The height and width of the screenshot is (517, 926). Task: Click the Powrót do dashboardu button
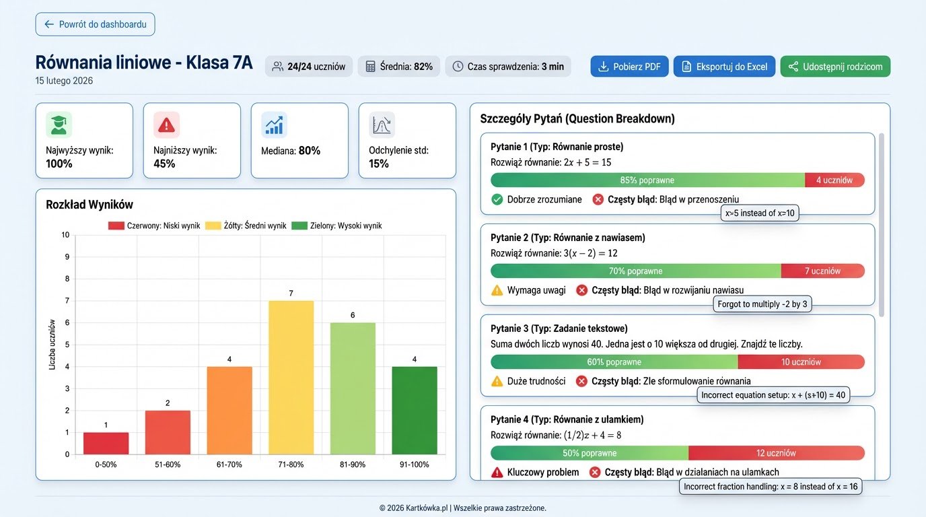click(95, 24)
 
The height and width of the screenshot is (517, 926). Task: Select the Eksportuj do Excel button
click(724, 67)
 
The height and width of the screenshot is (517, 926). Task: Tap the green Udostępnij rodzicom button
click(835, 67)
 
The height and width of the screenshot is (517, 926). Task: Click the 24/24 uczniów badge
click(308, 67)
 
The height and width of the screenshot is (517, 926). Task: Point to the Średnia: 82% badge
click(399, 67)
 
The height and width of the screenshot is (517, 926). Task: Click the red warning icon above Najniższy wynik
click(166, 125)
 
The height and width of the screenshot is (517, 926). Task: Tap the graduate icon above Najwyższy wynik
click(59, 125)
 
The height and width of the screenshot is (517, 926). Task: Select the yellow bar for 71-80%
click(291, 377)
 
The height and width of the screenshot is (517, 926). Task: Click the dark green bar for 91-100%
click(415, 410)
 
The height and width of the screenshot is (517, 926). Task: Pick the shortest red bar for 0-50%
click(106, 443)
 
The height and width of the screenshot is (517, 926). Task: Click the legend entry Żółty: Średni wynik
click(246, 226)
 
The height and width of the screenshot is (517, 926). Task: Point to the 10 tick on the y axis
click(65, 235)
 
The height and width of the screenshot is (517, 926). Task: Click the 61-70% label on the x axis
click(229, 464)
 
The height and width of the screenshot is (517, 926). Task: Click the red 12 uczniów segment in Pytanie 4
click(776, 453)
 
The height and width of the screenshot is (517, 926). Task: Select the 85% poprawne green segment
click(647, 180)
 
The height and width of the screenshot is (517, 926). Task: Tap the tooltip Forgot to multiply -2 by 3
click(762, 304)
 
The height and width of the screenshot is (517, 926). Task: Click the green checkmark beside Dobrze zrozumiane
click(497, 199)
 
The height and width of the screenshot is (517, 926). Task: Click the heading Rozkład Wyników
click(90, 205)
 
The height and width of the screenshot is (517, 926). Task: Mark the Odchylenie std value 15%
click(379, 164)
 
